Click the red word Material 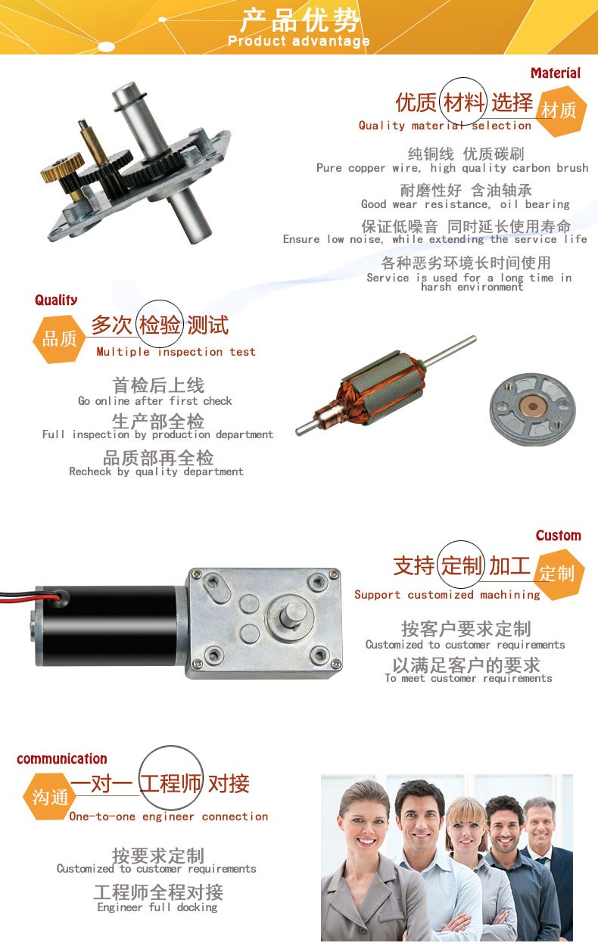(x=556, y=73)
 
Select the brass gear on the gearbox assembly (x=63, y=166)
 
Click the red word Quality (x=56, y=300)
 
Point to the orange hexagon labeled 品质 (x=59, y=339)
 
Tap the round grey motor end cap (x=533, y=409)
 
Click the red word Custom (x=559, y=536)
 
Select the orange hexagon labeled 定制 (x=559, y=574)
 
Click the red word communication (x=61, y=759)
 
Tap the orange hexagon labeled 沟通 (x=50, y=797)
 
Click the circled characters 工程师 (x=170, y=784)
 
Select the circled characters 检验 (x=160, y=325)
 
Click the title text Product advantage (x=298, y=41)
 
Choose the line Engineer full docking (x=157, y=907)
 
